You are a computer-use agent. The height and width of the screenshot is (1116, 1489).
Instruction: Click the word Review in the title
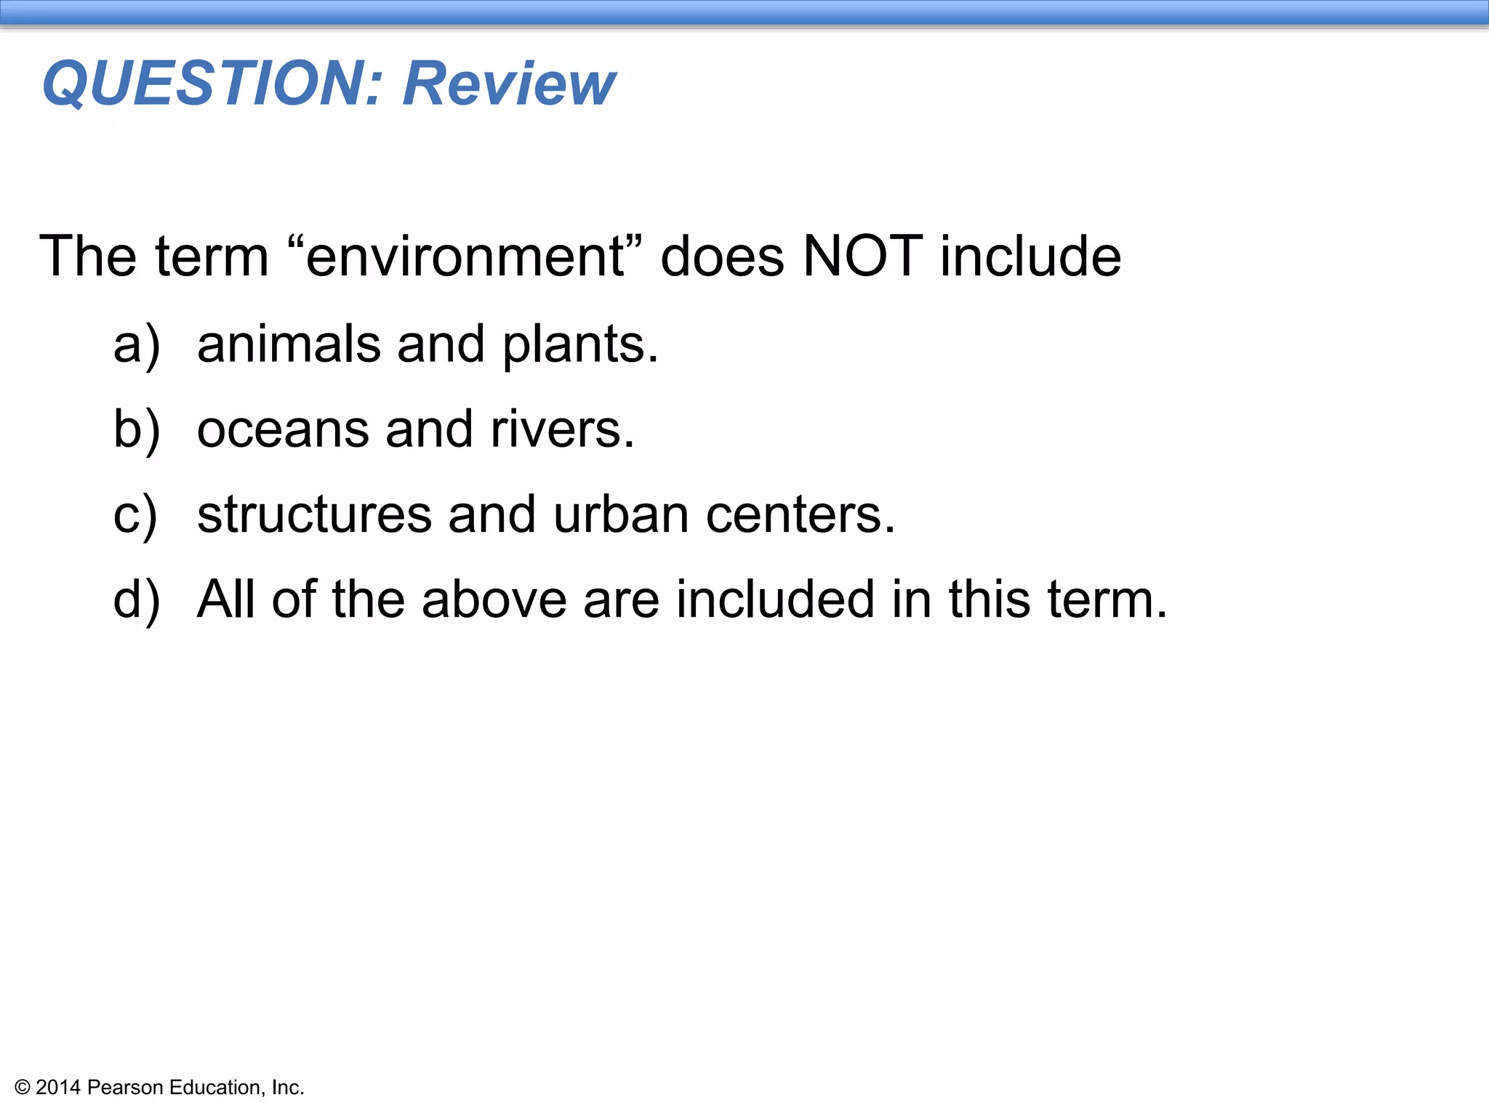[509, 84]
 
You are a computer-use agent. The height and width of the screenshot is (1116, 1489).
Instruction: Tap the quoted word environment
[465, 256]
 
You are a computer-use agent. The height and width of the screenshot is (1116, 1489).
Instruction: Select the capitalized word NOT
[862, 256]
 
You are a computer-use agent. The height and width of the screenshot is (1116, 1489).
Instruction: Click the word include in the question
[1030, 256]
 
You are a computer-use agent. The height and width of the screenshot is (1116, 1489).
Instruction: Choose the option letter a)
[136, 345]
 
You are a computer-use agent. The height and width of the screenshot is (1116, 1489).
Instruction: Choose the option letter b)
[136, 430]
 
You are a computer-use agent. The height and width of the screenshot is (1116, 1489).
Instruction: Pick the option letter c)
[135, 515]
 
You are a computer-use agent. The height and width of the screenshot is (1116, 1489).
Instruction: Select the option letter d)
[136, 600]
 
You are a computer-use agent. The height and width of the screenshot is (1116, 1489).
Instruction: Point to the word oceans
[283, 430]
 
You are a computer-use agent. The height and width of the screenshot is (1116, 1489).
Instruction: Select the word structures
[314, 515]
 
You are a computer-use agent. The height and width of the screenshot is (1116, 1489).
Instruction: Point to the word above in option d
[494, 600]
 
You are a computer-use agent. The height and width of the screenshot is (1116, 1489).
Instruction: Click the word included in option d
[775, 600]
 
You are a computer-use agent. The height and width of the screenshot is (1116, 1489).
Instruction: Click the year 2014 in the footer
[58, 1088]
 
